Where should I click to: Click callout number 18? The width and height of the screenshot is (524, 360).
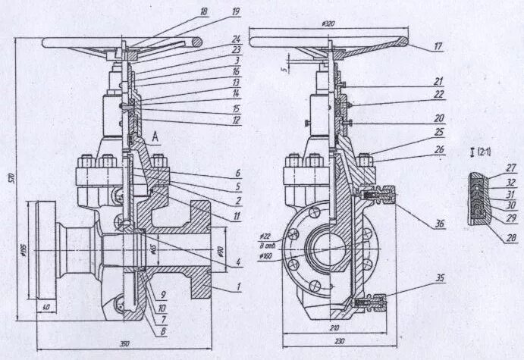(x=203, y=11)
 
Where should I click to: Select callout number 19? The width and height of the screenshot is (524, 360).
(x=236, y=11)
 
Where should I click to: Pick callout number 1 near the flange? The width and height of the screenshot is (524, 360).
(x=238, y=287)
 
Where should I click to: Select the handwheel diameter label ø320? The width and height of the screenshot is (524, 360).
(x=328, y=23)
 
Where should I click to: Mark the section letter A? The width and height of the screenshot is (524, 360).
(x=155, y=136)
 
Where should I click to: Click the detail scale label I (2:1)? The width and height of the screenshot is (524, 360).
(x=480, y=152)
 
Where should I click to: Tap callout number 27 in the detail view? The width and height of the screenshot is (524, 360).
(x=511, y=167)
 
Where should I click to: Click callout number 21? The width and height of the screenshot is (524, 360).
(x=439, y=80)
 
